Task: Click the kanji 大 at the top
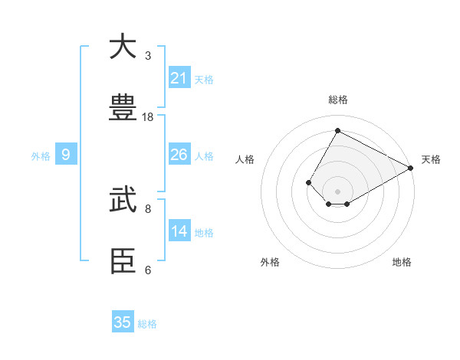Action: coord(123,47)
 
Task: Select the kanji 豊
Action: coord(123,109)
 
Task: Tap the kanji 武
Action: coord(123,201)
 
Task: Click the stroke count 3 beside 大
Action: coord(148,56)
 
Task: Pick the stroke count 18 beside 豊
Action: coord(148,117)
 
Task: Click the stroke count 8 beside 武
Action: coord(148,208)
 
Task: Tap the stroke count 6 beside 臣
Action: coord(148,270)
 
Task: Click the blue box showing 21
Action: coord(179,78)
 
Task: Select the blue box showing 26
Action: coord(179,155)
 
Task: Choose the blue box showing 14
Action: coord(179,231)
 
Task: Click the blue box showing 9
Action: coord(66,155)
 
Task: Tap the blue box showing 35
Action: coord(123,322)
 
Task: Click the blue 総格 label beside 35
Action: coord(147,324)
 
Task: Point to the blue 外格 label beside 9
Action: coord(41,156)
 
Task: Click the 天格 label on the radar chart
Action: coord(431,159)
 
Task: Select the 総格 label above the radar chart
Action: coord(338,100)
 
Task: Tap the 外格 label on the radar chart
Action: coord(270,262)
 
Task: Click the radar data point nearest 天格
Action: coord(411,168)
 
